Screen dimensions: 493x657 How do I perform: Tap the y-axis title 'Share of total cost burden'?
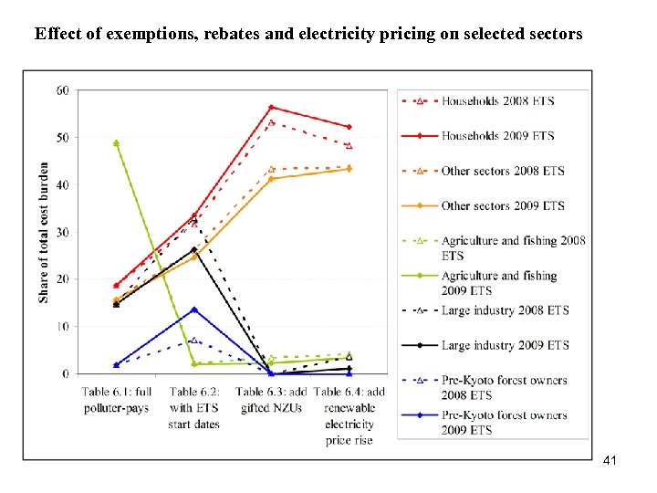44,233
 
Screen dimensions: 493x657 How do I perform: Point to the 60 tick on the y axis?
62,90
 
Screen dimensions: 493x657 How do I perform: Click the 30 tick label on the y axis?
62,232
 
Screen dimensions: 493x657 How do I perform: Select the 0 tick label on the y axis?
66,373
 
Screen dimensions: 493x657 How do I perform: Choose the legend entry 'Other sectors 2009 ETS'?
502,206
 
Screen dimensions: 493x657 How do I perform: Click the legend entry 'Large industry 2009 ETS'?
505,345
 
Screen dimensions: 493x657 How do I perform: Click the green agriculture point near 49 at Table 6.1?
116,143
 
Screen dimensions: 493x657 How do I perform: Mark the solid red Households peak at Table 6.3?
271,108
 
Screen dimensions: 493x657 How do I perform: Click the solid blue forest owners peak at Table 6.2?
193,309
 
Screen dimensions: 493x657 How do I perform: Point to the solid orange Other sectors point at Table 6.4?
349,169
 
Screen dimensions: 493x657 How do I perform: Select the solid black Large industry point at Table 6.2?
193,249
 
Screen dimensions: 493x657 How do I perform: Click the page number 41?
610,461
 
